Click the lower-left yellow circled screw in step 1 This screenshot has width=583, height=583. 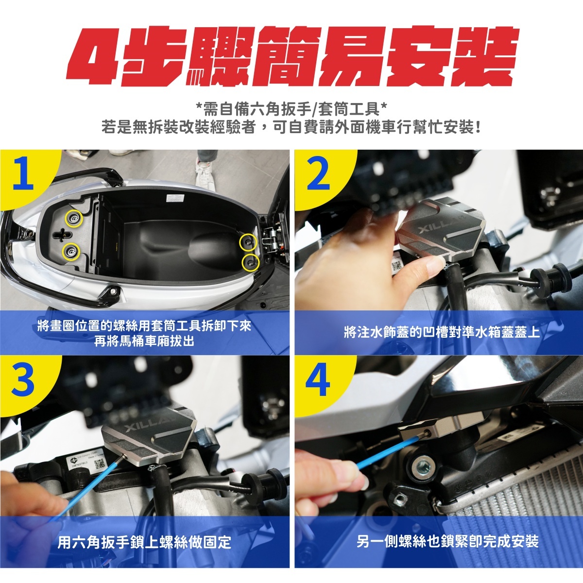[x=71, y=251]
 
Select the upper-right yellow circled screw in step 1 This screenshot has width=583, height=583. [x=248, y=242]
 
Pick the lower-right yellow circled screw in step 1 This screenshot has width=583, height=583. [x=251, y=262]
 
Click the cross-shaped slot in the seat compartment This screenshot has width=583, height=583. [x=63, y=234]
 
